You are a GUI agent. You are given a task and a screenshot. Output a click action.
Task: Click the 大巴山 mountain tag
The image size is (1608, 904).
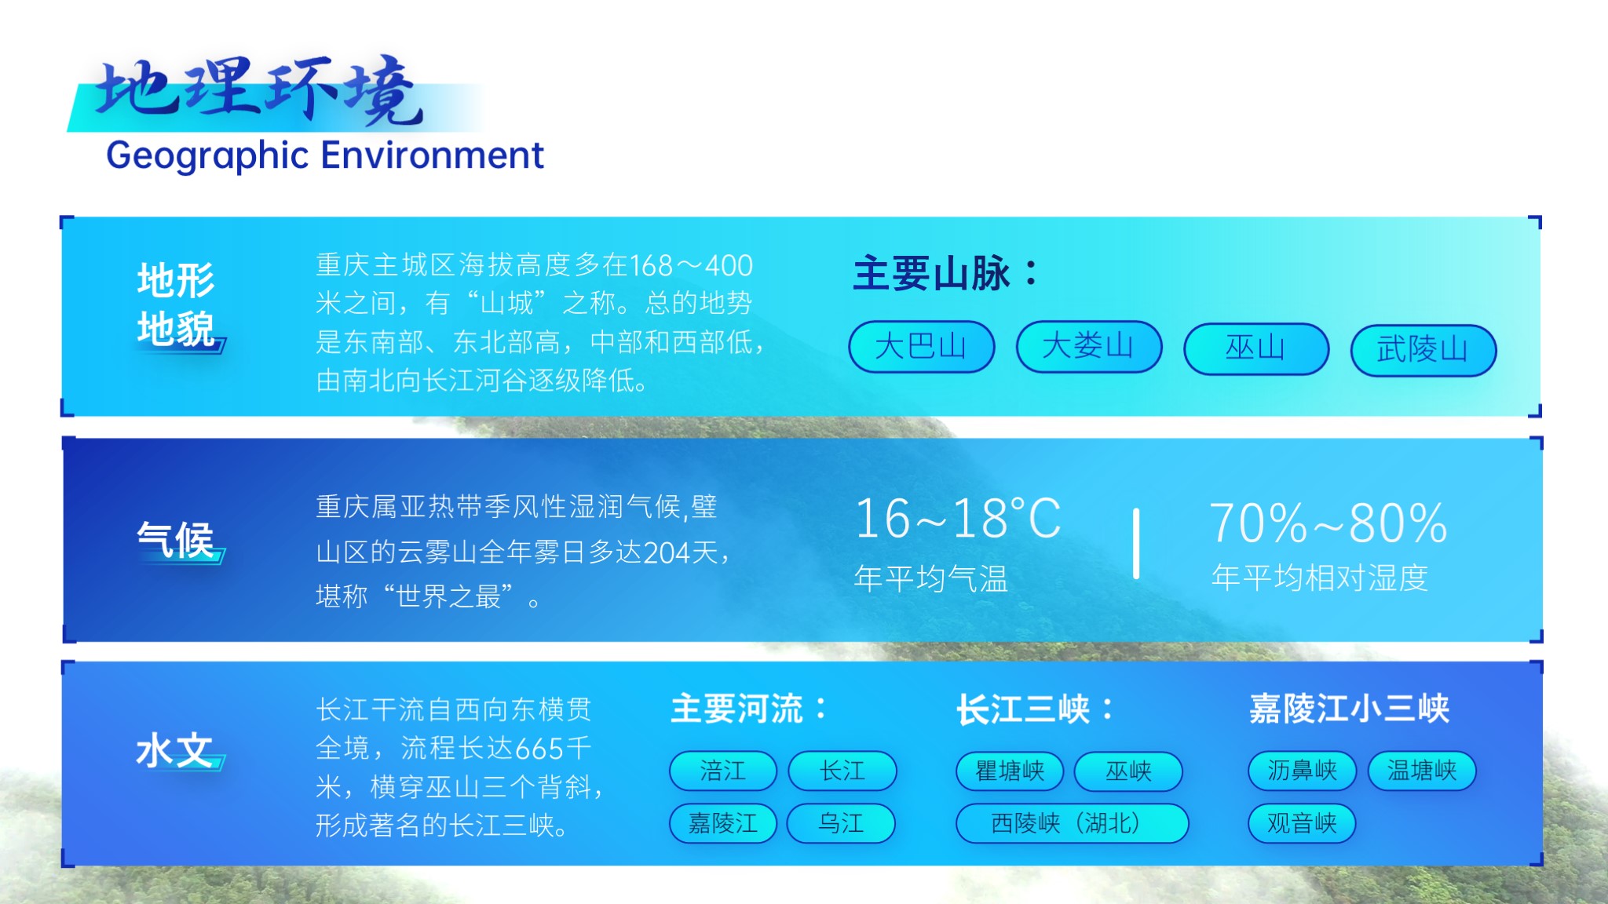(x=921, y=346)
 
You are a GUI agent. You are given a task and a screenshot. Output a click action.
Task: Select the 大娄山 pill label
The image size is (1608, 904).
(x=1088, y=346)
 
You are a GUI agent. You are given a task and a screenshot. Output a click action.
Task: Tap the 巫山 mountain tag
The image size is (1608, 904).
(x=1255, y=348)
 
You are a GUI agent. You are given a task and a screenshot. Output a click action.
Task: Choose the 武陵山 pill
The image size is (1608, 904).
(x=1423, y=350)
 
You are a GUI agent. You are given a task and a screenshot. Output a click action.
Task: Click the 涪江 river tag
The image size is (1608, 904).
(x=723, y=771)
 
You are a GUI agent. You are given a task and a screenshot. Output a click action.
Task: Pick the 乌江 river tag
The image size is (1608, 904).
(x=841, y=823)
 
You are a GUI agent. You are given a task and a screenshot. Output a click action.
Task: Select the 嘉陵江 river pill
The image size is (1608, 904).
(x=723, y=823)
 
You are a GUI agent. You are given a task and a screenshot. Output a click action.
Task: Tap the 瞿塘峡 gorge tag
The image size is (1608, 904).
(x=1010, y=771)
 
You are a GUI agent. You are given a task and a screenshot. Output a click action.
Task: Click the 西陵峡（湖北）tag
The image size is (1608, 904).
(x=1072, y=823)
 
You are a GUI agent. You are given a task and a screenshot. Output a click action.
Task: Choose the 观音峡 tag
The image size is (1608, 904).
(x=1302, y=823)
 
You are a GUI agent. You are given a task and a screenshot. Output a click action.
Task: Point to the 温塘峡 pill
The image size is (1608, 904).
(x=1422, y=771)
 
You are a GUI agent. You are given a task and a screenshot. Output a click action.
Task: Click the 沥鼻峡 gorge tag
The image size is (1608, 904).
(x=1302, y=771)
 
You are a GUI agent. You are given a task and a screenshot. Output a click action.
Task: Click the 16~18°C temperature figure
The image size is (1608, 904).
(x=958, y=519)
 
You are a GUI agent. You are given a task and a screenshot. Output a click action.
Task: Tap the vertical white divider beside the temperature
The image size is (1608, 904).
(x=1136, y=543)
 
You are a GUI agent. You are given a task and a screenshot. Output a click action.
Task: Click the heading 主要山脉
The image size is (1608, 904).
(x=945, y=274)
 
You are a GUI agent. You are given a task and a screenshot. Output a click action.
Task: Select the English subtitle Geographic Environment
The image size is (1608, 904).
(x=325, y=156)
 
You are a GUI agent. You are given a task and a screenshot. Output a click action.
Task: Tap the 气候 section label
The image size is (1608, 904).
(x=175, y=540)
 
